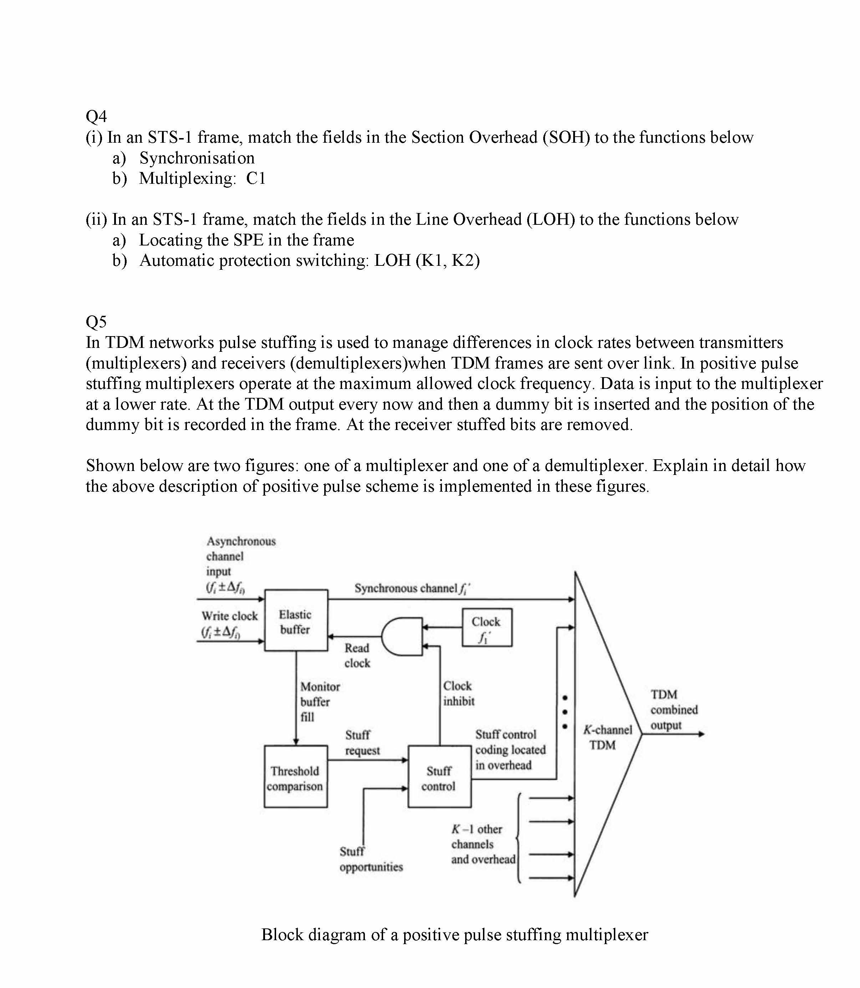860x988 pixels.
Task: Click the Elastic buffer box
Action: [296, 620]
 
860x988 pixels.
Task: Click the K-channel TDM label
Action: [607, 738]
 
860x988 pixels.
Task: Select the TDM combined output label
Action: [673, 710]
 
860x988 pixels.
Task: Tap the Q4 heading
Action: [96, 116]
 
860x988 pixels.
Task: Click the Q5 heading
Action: [96, 321]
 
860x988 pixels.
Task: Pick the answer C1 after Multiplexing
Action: [256, 179]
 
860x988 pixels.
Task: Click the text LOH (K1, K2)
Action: [427, 261]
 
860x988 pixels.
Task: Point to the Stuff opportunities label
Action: [371, 859]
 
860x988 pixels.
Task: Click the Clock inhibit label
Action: [458, 693]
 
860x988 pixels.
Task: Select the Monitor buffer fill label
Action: [320, 702]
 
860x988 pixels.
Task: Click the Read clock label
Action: [357, 655]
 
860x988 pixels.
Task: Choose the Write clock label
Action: [229, 616]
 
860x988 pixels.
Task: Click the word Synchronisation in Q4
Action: [197, 158]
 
